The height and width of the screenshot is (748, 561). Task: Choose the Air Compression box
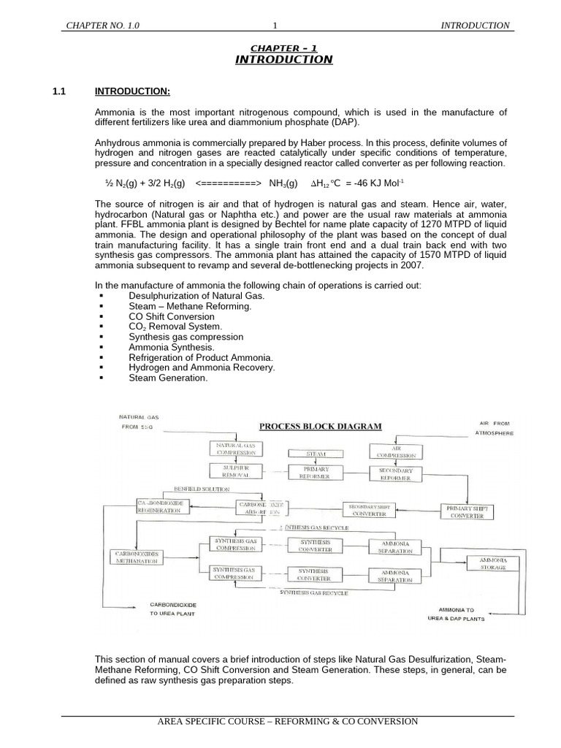coord(396,451)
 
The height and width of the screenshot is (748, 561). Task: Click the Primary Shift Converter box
coord(465,511)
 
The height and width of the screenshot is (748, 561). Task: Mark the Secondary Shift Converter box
coord(370,510)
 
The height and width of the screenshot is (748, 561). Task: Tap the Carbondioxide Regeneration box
coord(163,507)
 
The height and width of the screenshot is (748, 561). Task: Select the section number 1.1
coord(59,91)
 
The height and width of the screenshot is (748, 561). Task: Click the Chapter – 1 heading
coord(284,47)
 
